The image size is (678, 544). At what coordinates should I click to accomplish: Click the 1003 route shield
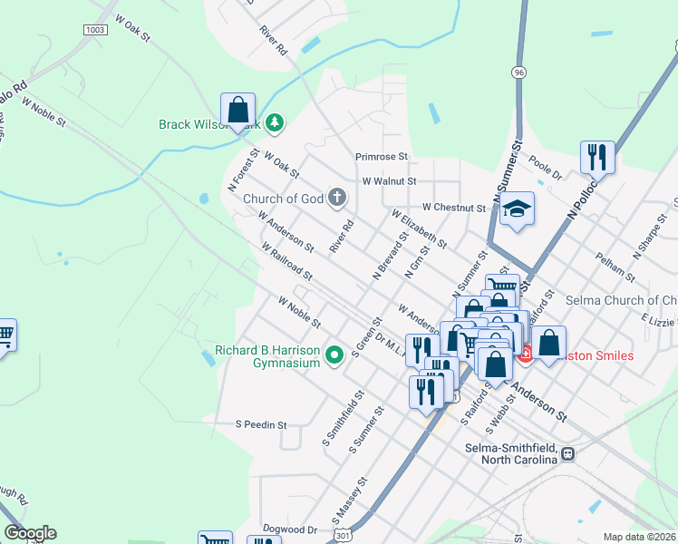pos(94,30)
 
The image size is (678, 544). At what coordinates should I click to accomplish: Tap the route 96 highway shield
pos(518,72)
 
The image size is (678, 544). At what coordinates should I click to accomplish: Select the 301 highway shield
pos(341,537)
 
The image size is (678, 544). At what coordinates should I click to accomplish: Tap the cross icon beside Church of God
pos(336,198)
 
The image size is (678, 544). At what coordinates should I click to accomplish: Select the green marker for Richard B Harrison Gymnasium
pos(334,355)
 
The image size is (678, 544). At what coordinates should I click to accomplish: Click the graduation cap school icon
pos(516,209)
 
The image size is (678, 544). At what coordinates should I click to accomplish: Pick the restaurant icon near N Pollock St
pos(597,157)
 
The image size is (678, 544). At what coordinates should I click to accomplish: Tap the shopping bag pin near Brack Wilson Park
pos(237,110)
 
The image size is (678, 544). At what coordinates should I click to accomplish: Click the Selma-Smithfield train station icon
pos(568,453)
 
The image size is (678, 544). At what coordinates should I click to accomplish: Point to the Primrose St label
pos(382,157)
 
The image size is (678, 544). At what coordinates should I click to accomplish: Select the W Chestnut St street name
pos(453,208)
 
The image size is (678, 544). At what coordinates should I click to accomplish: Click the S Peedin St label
pos(261,423)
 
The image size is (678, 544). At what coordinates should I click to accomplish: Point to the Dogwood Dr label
pos(290,529)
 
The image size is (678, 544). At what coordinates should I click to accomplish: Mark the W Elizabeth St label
pos(419,230)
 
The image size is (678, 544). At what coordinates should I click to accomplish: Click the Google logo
pos(29,533)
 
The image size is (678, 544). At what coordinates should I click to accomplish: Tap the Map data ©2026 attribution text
pos(639,537)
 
